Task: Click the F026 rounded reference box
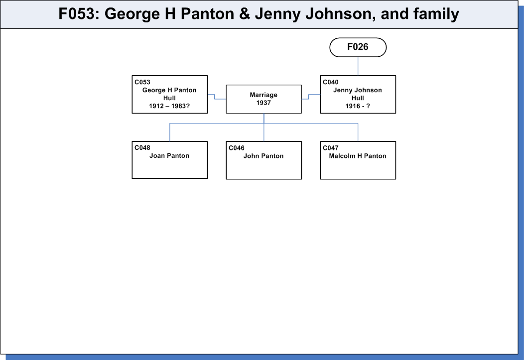click(358, 47)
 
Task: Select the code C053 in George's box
click(142, 82)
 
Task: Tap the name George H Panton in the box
click(169, 90)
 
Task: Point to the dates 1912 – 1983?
click(169, 106)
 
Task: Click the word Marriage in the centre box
click(263, 95)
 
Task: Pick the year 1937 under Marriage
click(263, 103)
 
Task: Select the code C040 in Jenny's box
click(331, 82)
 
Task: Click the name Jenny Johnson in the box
click(358, 90)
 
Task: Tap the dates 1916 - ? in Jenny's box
click(358, 106)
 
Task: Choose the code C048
click(142, 148)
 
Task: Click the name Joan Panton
click(169, 156)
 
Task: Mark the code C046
click(237, 148)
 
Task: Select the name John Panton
click(263, 156)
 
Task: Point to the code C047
click(331, 148)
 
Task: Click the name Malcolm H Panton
click(358, 156)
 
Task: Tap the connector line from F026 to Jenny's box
click(358, 66)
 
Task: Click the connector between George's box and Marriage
click(215, 97)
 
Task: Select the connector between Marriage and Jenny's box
click(309, 97)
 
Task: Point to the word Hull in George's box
click(169, 98)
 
